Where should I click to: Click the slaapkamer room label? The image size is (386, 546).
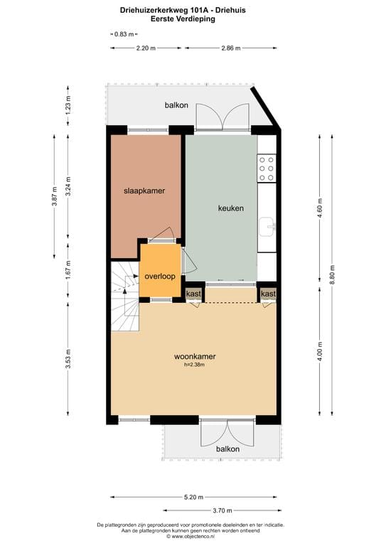tap(144, 191)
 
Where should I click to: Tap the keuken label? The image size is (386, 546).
tap(230, 208)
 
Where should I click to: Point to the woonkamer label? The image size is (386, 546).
tap(194, 357)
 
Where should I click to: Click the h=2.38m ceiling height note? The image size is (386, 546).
tap(194, 366)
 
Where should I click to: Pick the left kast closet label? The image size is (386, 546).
tap(193, 294)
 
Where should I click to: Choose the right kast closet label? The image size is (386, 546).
tap(268, 294)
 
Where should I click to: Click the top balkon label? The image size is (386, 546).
tap(176, 106)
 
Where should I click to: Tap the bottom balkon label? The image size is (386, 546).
tap(227, 449)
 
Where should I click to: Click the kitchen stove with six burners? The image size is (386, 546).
tap(267, 168)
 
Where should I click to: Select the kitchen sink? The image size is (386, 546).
tap(269, 226)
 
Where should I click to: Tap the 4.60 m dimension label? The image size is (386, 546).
tap(319, 208)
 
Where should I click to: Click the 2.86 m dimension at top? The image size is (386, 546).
tap(230, 48)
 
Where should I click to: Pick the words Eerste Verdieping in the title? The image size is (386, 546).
tap(193, 19)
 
